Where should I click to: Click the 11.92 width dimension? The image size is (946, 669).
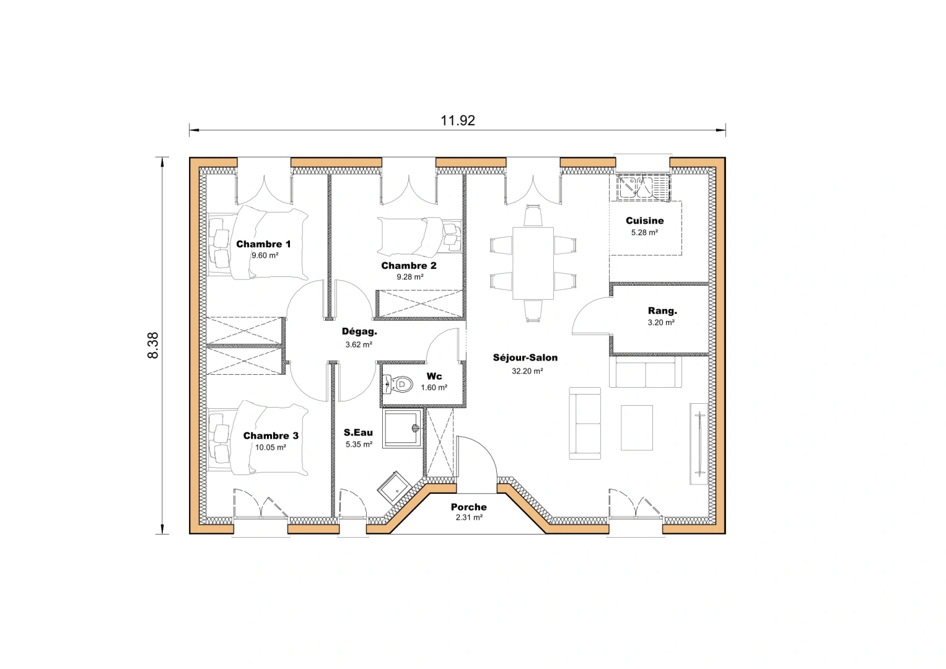(457, 120)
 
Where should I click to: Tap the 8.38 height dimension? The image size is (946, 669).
(152, 346)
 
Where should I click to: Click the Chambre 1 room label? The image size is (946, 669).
(263, 244)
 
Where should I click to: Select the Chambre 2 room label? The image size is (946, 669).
(409, 266)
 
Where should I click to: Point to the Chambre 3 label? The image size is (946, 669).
(271, 436)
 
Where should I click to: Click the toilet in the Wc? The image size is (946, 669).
(399, 385)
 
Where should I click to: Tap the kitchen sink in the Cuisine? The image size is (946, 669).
(643, 187)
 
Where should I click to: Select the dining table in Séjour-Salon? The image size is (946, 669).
(533, 263)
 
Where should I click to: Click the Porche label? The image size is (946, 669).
(468, 507)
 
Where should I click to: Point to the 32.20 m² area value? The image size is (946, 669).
(527, 372)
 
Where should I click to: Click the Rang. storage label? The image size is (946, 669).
(662, 311)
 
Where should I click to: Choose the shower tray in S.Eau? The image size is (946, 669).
(403, 427)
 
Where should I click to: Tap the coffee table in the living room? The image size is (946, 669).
(637, 427)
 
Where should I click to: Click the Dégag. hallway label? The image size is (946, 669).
(359, 331)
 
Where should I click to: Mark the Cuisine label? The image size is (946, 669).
(644, 221)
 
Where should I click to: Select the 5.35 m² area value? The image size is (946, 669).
(359, 445)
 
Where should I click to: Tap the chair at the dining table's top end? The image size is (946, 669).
(533, 216)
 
